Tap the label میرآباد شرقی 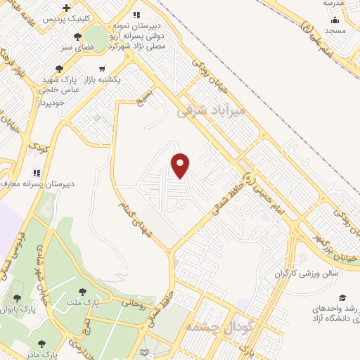pyautogui.click(x=211, y=111)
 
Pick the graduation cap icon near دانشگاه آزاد pyautogui.click(x=342, y=298)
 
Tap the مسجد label pyautogui.click(x=335, y=31)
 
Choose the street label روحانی pyautogui.click(x=134, y=304)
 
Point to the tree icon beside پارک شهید pyautogui.click(x=60, y=69)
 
